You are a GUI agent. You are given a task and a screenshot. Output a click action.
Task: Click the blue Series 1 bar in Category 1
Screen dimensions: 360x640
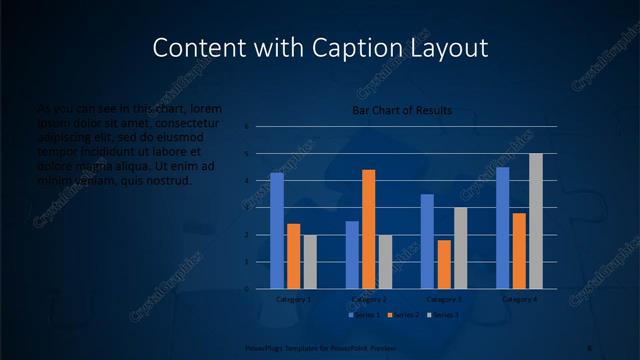(x=277, y=231)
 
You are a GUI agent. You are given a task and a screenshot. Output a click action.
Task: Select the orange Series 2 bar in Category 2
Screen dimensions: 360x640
(x=368, y=229)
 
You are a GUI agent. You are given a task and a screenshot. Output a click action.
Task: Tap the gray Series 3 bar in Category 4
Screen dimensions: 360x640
(x=535, y=221)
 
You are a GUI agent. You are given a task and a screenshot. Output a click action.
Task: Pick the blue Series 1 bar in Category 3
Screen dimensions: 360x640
(x=427, y=241)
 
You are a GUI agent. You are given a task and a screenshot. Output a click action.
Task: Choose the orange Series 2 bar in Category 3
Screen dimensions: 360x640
(x=444, y=264)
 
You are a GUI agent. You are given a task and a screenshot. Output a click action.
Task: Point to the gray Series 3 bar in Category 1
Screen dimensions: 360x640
(x=309, y=262)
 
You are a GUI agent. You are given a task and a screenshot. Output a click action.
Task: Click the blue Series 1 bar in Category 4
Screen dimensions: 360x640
(x=502, y=228)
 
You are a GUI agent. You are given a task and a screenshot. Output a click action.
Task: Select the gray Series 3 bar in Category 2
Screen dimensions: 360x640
(x=385, y=262)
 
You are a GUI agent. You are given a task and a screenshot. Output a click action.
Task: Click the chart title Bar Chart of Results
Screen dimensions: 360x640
(x=402, y=110)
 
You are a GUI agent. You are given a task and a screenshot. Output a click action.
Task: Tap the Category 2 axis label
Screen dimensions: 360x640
(x=369, y=299)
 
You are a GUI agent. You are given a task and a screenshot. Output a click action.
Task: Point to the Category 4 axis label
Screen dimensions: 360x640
(x=519, y=299)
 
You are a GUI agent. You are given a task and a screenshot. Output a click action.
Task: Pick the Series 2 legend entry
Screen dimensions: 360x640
(x=402, y=315)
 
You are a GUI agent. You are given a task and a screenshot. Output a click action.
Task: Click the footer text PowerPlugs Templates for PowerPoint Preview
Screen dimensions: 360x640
(x=302, y=347)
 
